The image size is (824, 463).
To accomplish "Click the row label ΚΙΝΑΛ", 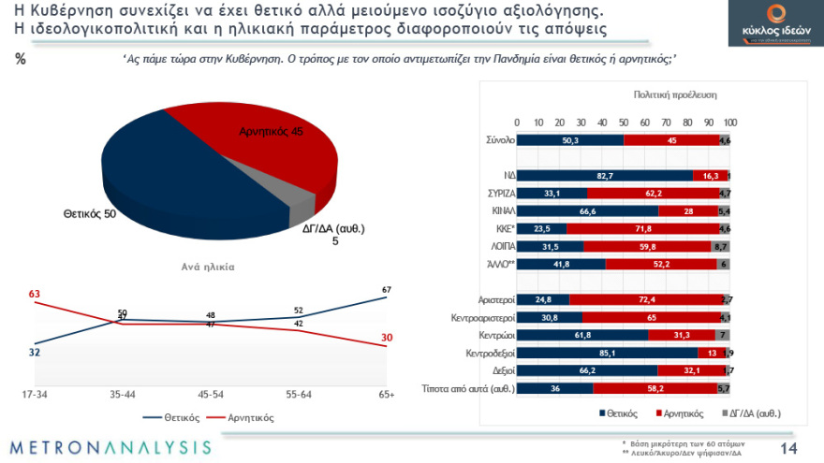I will pyautogui.click(x=497, y=211).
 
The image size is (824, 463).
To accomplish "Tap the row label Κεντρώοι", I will pyautogui.click(x=491, y=334).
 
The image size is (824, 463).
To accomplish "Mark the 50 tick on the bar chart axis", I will pyautogui.click(x=625, y=123).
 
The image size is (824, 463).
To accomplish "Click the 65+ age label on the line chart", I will pyautogui.click(x=387, y=395).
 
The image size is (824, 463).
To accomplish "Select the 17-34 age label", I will pyautogui.click(x=36, y=395).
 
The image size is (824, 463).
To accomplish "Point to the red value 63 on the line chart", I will pyautogui.click(x=35, y=295).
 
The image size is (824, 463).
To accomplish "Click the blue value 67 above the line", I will pyautogui.click(x=386, y=288).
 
